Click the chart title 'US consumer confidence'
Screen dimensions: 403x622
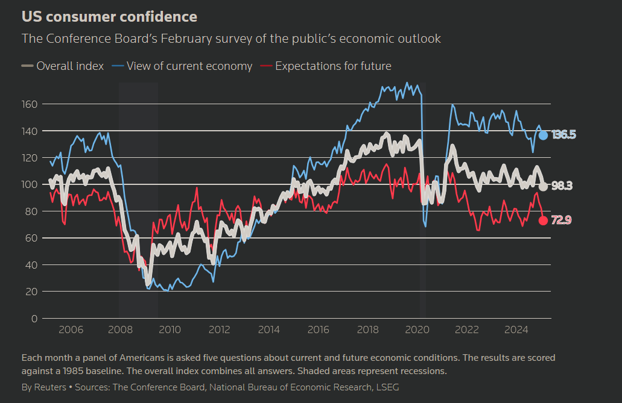[x=109, y=16]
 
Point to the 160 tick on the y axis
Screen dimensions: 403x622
[x=30, y=104]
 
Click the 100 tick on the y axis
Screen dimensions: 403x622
[x=30, y=184]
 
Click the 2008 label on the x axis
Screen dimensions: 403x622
[x=120, y=330]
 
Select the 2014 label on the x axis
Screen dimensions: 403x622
[x=268, y=330]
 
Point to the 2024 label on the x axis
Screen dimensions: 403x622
[x=516, y=330]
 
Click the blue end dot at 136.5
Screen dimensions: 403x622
[x=543, y=135]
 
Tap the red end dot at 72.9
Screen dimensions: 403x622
[x=543, y=220]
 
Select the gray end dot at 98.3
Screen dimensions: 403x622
[x=543, y=186]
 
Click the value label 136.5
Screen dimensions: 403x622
[x=563, y=135]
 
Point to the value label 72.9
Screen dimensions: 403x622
[x=561, y=220]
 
